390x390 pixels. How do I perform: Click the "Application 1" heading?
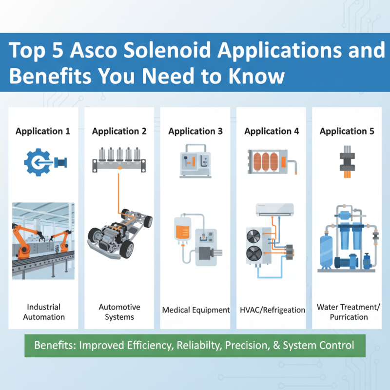click(x=43, y=131)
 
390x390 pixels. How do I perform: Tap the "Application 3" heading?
click(x=195, y=131)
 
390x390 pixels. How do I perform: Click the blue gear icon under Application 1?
click(x=37, y=161)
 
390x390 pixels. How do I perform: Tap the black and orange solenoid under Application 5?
click(x=348, y=161)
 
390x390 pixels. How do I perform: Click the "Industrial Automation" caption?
click(x=43, y=312)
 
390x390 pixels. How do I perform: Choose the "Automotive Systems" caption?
click(x=119, y=312)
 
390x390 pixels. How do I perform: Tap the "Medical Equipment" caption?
click(x=195, y=310)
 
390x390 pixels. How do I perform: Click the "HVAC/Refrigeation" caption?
click(x=272, y=310)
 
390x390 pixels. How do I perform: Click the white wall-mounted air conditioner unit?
click(x=275, y=210)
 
